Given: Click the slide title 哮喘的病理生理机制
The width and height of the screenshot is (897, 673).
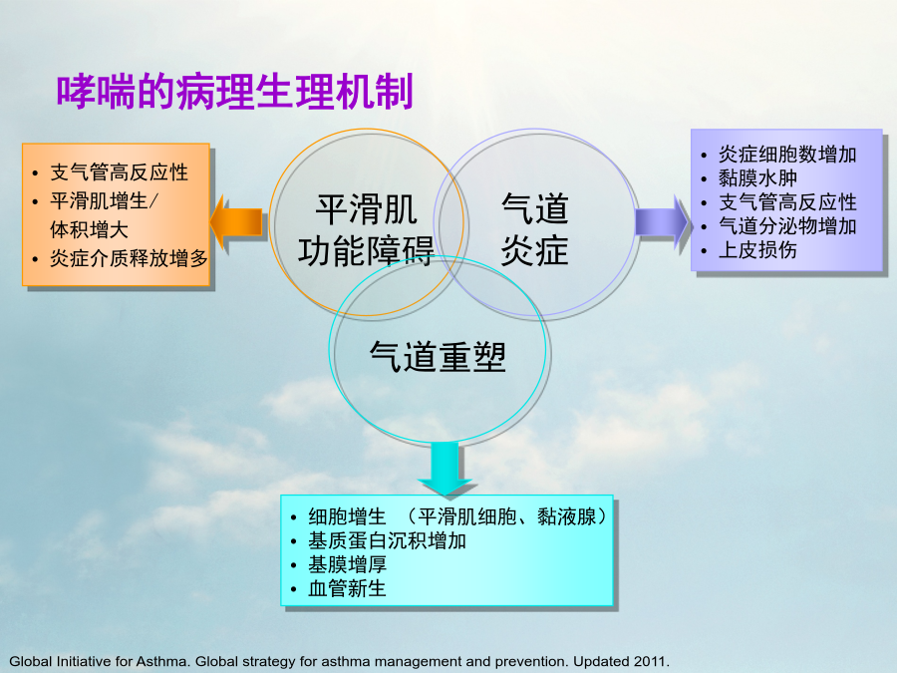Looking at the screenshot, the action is [234, 91].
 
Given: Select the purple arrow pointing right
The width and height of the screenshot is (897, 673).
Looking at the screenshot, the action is [662, 221].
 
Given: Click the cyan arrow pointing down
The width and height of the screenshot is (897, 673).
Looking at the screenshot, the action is [445, 467].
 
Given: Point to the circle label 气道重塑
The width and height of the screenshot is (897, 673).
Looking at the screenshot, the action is [438, 357].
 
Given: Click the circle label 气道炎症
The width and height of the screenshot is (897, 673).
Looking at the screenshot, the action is [535, 229].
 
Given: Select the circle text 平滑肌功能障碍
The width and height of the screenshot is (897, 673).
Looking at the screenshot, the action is [366, 230].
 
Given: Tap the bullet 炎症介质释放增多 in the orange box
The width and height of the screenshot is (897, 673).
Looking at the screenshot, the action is [129, 258].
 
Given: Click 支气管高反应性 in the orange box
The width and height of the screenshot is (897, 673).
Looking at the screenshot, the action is [119, 172].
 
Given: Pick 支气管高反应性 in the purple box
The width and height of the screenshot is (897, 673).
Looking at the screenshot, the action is [787, 202].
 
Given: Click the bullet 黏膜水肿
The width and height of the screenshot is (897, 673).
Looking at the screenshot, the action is [758, 178].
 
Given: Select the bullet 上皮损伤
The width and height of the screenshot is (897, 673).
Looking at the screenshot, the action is [758, 250].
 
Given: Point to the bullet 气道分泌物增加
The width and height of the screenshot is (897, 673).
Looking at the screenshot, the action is [787, 226].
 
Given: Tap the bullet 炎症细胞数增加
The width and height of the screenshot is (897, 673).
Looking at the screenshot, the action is [787, 154].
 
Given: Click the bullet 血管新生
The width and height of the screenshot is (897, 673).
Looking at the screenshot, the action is [347, 588].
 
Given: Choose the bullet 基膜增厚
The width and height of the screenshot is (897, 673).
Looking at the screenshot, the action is [347, 565].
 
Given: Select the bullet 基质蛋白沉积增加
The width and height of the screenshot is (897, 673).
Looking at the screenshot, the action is [388, 540].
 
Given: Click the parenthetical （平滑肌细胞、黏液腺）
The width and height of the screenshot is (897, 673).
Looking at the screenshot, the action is [507, 516].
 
